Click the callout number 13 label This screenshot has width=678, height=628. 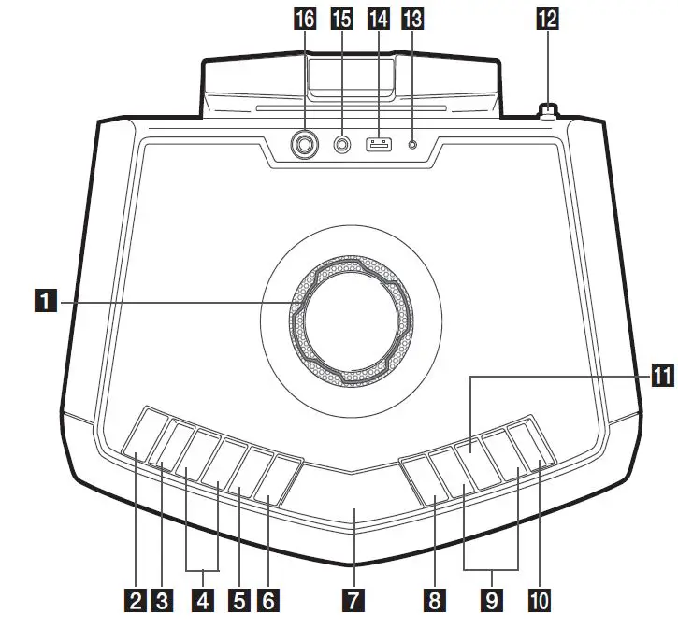[x=411, y=19]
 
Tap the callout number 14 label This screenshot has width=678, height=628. [x=379, y=19]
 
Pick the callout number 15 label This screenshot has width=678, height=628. [x=343, y=19]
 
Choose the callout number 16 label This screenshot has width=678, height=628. [x=305, y=19]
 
